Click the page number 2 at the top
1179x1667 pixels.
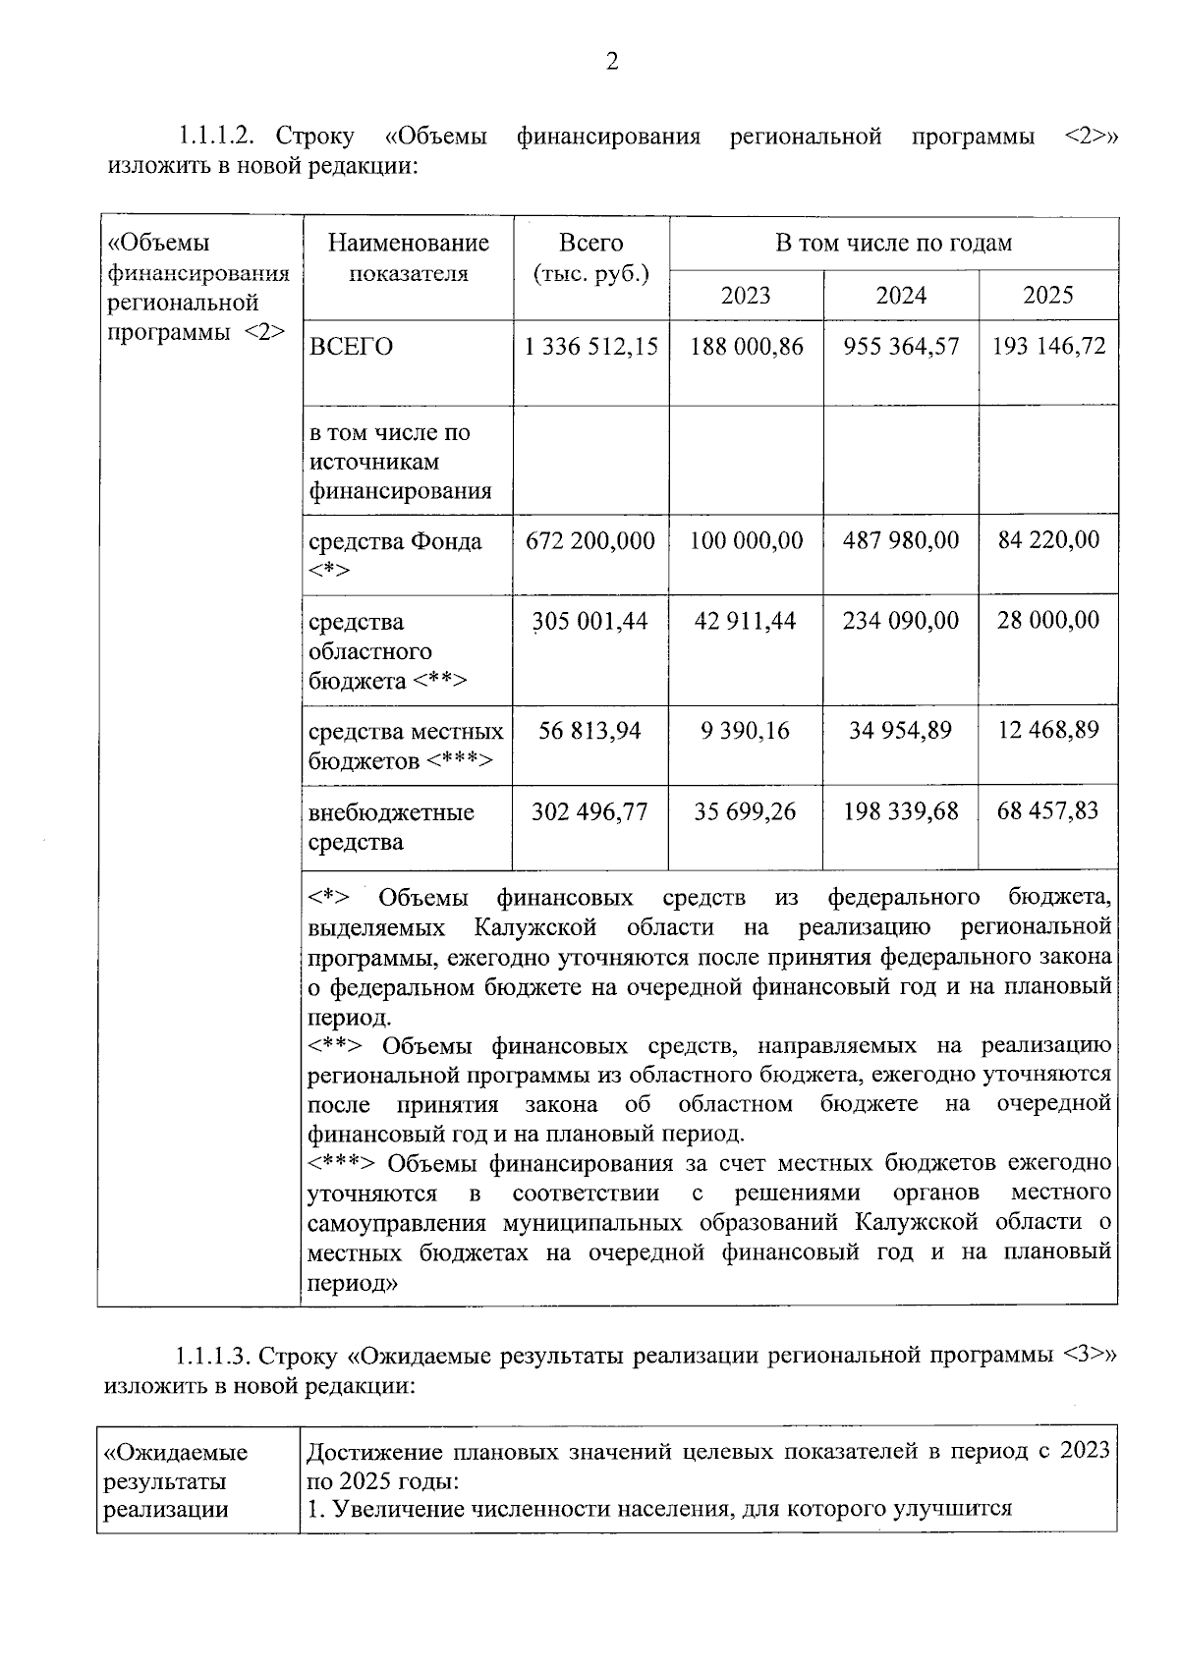pos(612,63)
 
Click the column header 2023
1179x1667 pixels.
pos(746,296)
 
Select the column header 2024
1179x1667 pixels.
pos(901,296)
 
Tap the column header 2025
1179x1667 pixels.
pos(1048,296)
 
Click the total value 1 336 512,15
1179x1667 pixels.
pos(591,347)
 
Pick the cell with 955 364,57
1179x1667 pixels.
pos(901,347)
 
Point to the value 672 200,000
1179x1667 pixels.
pos(590,541)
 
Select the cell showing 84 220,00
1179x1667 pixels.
pos(1048,540)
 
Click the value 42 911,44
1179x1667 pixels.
pos(746,621)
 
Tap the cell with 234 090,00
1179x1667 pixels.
pos(901,621)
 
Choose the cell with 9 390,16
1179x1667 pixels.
pos(746,731)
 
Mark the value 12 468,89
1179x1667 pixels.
pos(1048,731)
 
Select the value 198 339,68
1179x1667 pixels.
pos(901,812)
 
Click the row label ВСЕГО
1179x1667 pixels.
pos(351,347)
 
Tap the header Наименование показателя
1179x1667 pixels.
pos(409,258)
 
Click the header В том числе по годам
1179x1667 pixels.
pos(893,244)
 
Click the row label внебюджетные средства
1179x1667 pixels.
pos(391,827)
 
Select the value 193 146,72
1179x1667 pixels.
pos(1048,347)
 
